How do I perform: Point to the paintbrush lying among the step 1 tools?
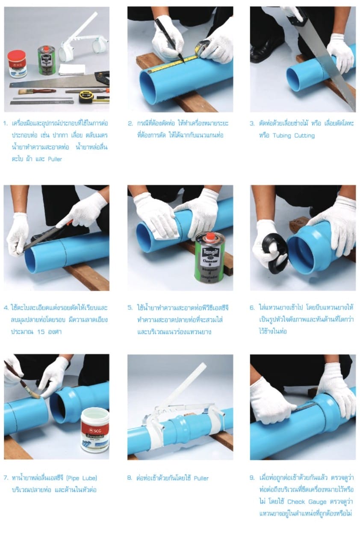coord(37,92)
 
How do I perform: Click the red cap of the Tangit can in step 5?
coord(211,236)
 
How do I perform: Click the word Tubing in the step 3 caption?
coord(281,136)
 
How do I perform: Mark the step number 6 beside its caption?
coord(252,307)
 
